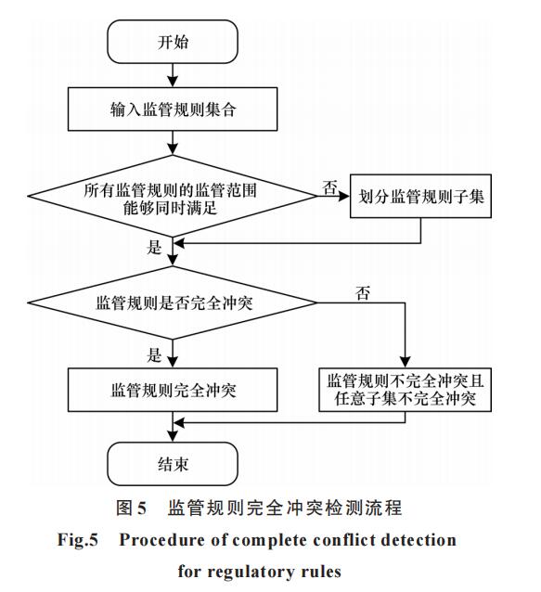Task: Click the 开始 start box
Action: (x=173, y=42)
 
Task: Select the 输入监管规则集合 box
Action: (x=173, y=109)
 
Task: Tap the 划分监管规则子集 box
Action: (x=420, y=196)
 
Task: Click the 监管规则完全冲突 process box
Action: (x=173, y=390)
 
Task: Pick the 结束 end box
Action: (x=173, y=464)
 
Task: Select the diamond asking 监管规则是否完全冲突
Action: (x=173, y=302)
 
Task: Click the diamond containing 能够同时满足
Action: (x=173, y=196)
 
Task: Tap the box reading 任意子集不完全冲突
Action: (x=406, y=390)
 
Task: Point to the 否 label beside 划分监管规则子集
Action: (x=329, y=187)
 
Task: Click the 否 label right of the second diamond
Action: (x=363, y=293)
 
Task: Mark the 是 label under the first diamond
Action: (x=154, y=248)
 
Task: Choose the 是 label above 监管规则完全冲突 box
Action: (x=154, y=354)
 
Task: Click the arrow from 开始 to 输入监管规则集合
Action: (x=173, y=75)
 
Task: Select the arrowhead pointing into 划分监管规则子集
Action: (x=344, y=196)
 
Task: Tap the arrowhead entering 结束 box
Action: (x=173, y=436)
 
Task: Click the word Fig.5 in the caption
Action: (x=77, y=540)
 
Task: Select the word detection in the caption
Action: (x=419, y=540)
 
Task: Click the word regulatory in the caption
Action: (x=251, y=572)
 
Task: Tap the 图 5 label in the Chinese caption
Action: (x=131, y=508)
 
